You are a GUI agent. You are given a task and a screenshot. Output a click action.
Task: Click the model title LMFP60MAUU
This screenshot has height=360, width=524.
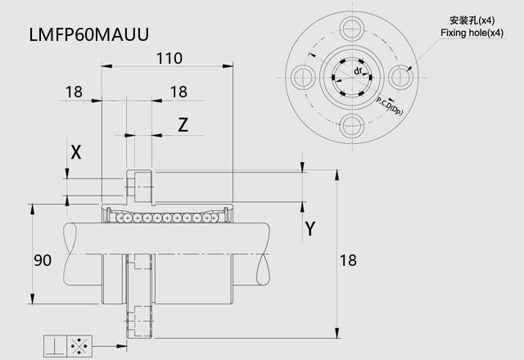point(89,34)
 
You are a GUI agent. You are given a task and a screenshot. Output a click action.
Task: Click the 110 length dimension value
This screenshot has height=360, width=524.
point(169,58)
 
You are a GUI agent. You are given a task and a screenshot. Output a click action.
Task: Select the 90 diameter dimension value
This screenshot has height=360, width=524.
point(43,260)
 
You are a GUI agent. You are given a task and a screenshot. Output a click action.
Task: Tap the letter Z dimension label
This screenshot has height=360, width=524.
point(183,125)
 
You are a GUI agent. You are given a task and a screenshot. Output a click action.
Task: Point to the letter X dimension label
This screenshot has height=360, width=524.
point(76,152)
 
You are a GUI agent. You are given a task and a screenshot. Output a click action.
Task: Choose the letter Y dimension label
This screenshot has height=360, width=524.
point(310,229)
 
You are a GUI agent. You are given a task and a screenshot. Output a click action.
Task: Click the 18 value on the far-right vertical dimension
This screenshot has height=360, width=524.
point(348,260)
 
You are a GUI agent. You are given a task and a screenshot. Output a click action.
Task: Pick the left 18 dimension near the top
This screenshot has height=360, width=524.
point(74,92)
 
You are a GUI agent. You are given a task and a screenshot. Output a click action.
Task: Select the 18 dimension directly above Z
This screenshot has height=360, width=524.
point(178,92)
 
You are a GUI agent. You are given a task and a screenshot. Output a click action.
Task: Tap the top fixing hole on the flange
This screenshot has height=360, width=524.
point(352,29)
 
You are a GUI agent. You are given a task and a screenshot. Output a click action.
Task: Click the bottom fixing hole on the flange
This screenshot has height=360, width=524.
point(352,126)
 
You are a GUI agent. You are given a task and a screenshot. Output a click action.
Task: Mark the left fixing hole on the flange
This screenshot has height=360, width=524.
point(304,78)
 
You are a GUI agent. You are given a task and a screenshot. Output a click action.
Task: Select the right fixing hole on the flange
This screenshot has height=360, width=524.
point(400,78)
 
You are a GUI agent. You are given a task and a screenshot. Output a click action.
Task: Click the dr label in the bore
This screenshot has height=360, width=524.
point(358,71)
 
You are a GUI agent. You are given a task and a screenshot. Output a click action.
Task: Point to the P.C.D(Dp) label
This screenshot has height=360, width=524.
point(390,106)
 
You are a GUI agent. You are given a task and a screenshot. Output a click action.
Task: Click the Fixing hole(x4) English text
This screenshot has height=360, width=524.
point(472,33)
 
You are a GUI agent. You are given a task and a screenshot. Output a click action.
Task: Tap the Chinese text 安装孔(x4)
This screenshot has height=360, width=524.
point(472,20)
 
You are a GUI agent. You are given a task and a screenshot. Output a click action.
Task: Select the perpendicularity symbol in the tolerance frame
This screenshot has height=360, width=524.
point(55,346)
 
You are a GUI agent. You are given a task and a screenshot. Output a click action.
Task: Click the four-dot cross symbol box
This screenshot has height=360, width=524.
point(79,346)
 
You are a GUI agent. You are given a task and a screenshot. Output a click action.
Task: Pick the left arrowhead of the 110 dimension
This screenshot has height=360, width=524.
point(106,66)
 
